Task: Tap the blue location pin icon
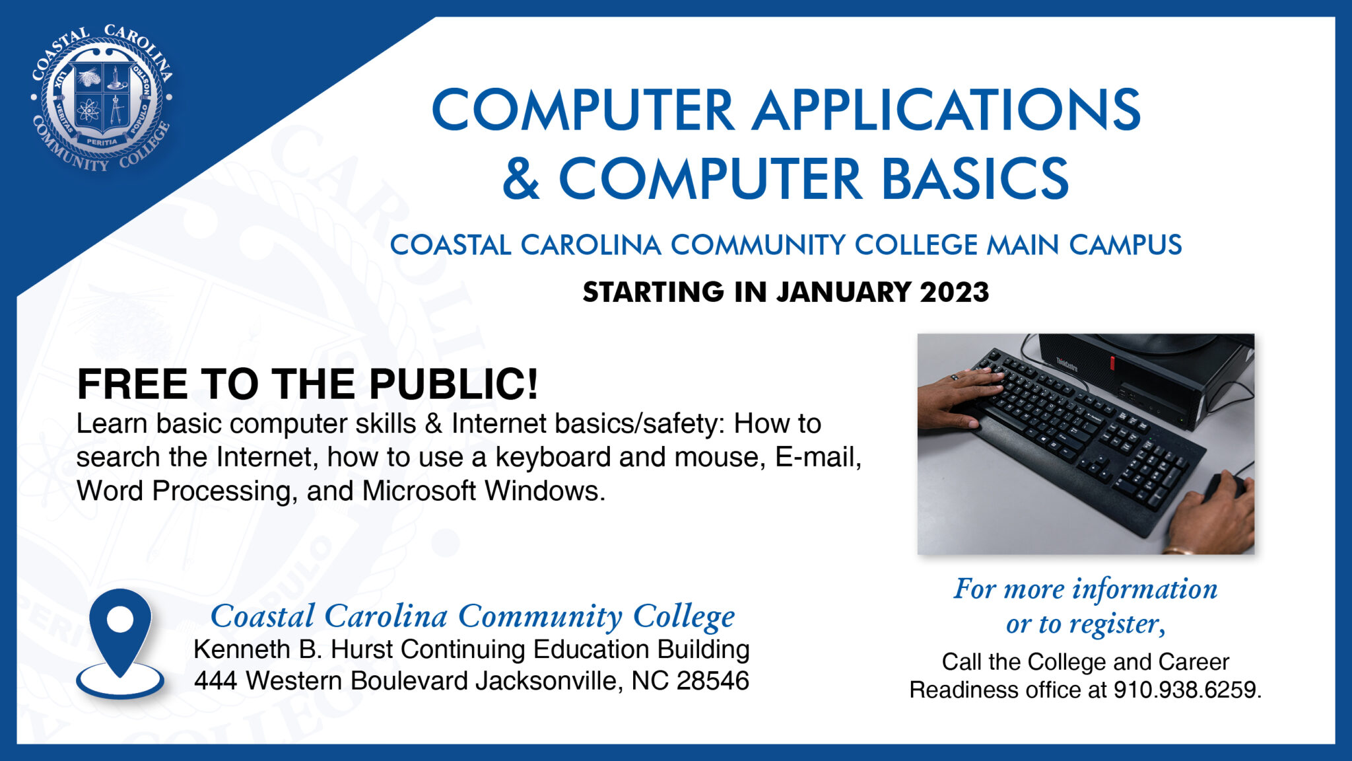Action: (120, 641)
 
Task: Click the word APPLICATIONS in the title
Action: (946, 110)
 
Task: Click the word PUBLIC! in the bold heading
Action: (454, 384)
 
